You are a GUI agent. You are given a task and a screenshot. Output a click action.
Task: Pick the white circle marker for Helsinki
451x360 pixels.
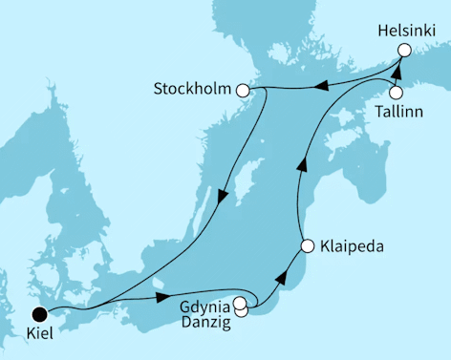coord(404,50)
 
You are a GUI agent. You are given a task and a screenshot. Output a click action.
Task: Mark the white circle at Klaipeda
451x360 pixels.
coord(307,246)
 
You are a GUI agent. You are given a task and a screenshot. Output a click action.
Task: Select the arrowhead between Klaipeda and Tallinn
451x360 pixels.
coord(302,164)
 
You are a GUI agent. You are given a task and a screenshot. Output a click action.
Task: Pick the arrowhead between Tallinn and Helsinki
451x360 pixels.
coord(397,74)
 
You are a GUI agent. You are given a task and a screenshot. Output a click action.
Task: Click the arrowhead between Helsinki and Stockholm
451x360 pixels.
coord(322,88)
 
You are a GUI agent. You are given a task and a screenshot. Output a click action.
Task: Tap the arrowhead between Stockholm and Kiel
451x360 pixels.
coord(222,199)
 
